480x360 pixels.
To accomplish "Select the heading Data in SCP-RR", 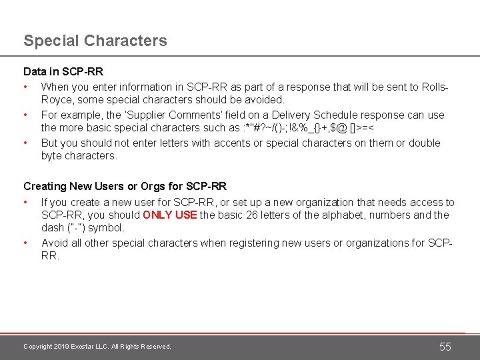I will [x=63, y=71].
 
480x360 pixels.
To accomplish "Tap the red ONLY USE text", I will [x=170, y=215].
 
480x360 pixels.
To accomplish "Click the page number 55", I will [x=445, y=347].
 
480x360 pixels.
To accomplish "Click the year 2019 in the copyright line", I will [x=61, y=347].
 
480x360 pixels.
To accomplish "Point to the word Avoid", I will [x=54, y=243].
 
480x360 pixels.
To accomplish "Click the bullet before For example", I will [x=25, y=115].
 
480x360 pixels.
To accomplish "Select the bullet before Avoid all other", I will [x=25, y=243].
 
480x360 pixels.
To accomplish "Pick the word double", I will [x=425, y=143].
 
